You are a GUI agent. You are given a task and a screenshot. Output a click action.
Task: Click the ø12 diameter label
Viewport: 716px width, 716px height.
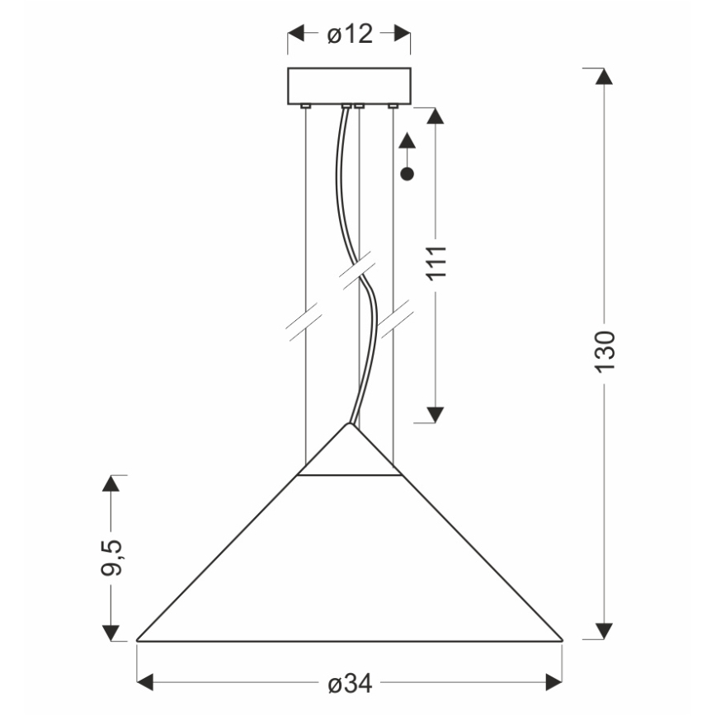coord(350,34)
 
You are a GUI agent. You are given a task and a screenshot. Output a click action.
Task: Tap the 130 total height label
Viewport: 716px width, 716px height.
coord(605,351)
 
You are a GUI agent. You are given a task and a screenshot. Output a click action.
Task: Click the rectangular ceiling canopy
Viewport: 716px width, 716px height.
coord(349,86)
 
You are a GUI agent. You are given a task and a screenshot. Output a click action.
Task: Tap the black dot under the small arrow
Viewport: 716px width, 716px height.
coord(406,174)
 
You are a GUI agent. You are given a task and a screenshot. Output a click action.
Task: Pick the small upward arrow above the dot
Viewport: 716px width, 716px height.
coord(406,142)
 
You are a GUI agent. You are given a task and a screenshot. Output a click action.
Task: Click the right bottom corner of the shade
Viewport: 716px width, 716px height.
coord(561,639)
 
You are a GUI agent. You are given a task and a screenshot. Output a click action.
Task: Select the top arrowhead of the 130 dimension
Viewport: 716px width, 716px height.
coord(605,77)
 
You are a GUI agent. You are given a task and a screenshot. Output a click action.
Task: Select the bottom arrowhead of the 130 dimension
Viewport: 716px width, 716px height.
coord(605,631)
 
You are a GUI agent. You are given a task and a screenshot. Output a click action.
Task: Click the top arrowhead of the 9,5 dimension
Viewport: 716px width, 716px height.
coord(111,484)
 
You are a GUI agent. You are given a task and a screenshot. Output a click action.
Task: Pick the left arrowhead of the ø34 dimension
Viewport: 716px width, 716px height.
coord(147,682)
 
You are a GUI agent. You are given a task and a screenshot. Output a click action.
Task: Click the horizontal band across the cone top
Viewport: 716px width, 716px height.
coord(350,476)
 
